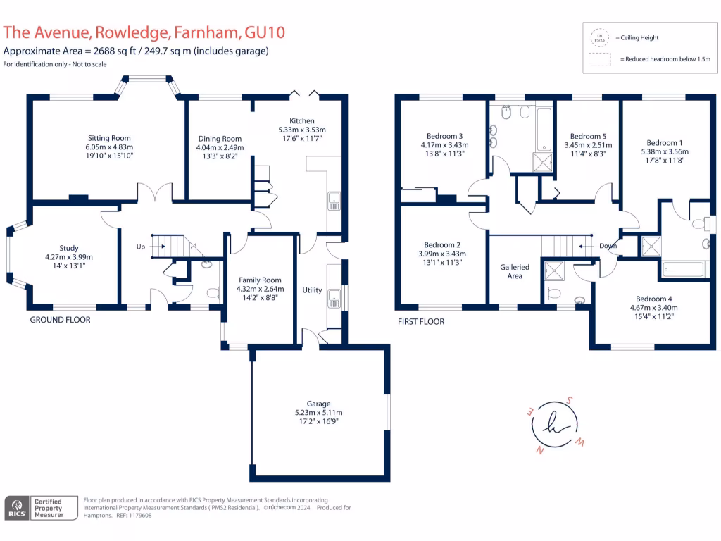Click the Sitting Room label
tap(109, 138)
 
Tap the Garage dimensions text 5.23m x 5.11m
tap(318, 413)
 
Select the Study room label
tap(69, 248)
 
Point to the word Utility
tap(312, 290)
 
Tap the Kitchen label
tap(302, 121)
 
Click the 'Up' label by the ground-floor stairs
tap(141, 247)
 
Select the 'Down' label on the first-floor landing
tap(608, 247)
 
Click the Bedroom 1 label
tap(664, 142)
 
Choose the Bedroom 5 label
tap(587, 136)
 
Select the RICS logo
tap(17, 507)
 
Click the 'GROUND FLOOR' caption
tap(60, 320)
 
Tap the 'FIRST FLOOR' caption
tap(420, 321)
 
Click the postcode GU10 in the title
tap(264, 32)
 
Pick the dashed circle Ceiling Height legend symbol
tap(600, 38)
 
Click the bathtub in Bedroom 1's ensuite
tap(683, 269)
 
